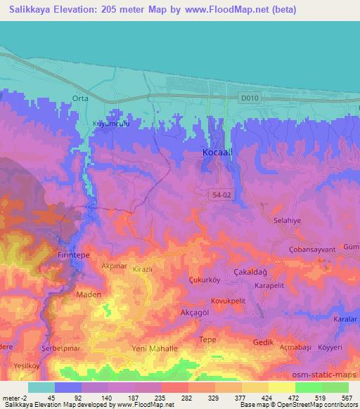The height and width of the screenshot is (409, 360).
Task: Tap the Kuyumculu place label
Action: click(x=112, y=124)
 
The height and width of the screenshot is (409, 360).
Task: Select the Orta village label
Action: click(x=79, y=98)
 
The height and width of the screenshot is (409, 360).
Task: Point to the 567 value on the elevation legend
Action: click(x=347, y=398)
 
